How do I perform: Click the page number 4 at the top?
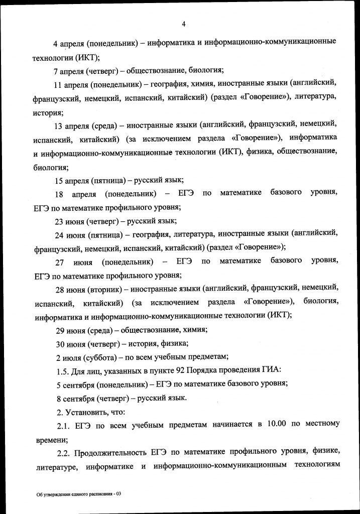(184, 24)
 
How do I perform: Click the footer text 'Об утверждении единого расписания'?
(74, 494)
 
